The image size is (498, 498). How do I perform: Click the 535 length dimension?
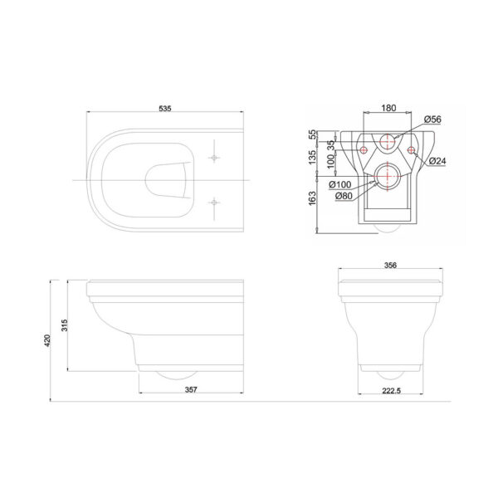165,108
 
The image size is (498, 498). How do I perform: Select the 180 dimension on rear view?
388,108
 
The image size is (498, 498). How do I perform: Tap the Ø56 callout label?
432,119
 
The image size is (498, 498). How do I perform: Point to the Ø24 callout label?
437,161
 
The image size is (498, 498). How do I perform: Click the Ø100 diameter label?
340,184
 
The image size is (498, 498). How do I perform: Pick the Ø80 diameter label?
344,196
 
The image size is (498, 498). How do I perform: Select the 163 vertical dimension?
313,198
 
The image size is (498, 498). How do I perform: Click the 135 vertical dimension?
313,157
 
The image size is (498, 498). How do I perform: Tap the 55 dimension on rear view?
313,134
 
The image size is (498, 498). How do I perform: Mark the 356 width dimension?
390,265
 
